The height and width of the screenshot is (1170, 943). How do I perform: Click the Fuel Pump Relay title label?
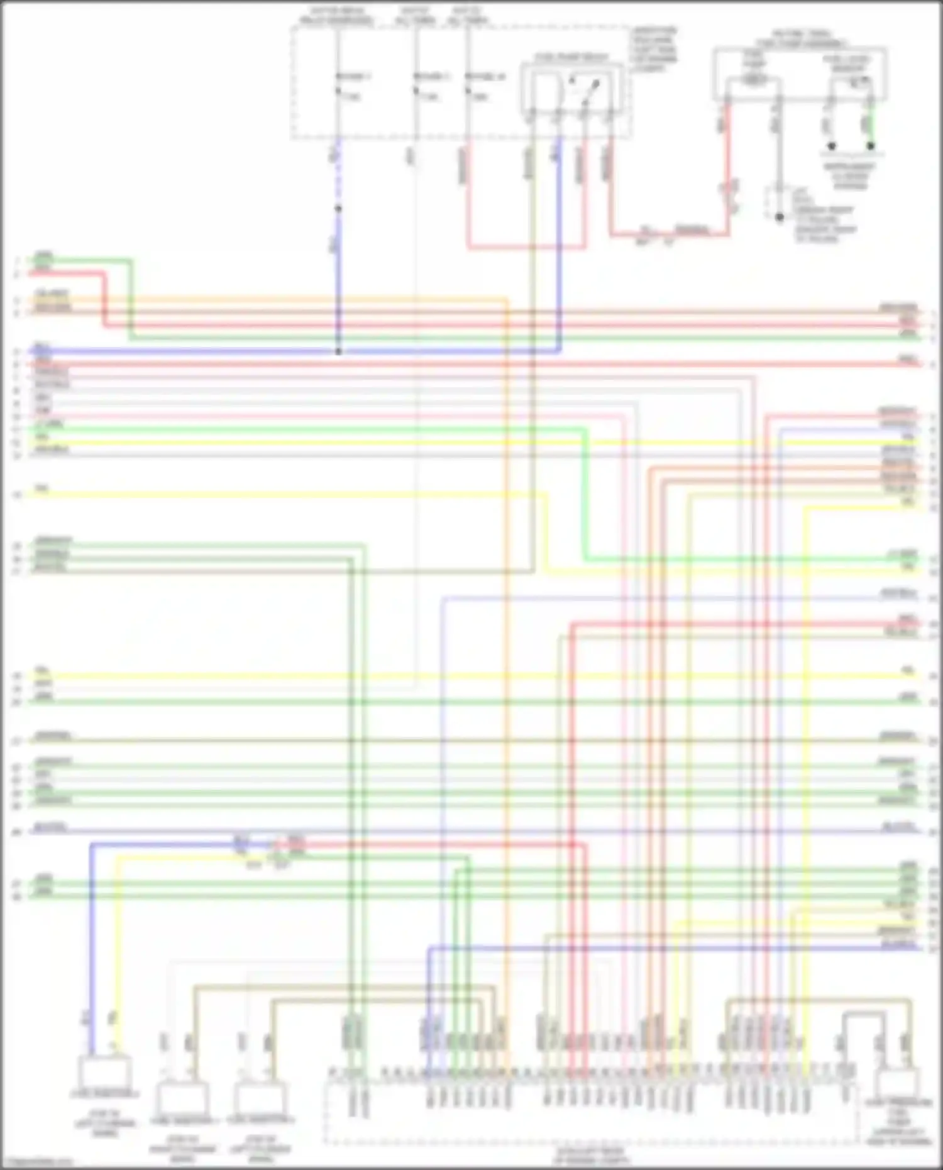571,57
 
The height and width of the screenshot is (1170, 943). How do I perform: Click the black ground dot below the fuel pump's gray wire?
780,217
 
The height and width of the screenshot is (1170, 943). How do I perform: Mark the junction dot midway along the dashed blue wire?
338,209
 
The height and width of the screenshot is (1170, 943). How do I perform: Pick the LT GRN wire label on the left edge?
49,424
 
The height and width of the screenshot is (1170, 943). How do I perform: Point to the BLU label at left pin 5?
41,346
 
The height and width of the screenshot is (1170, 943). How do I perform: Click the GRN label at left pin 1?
43,255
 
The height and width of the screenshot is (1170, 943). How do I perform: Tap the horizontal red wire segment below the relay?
527,247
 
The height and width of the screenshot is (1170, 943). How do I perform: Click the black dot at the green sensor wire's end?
871,146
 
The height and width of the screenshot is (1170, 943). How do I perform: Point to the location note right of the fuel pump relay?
654,49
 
